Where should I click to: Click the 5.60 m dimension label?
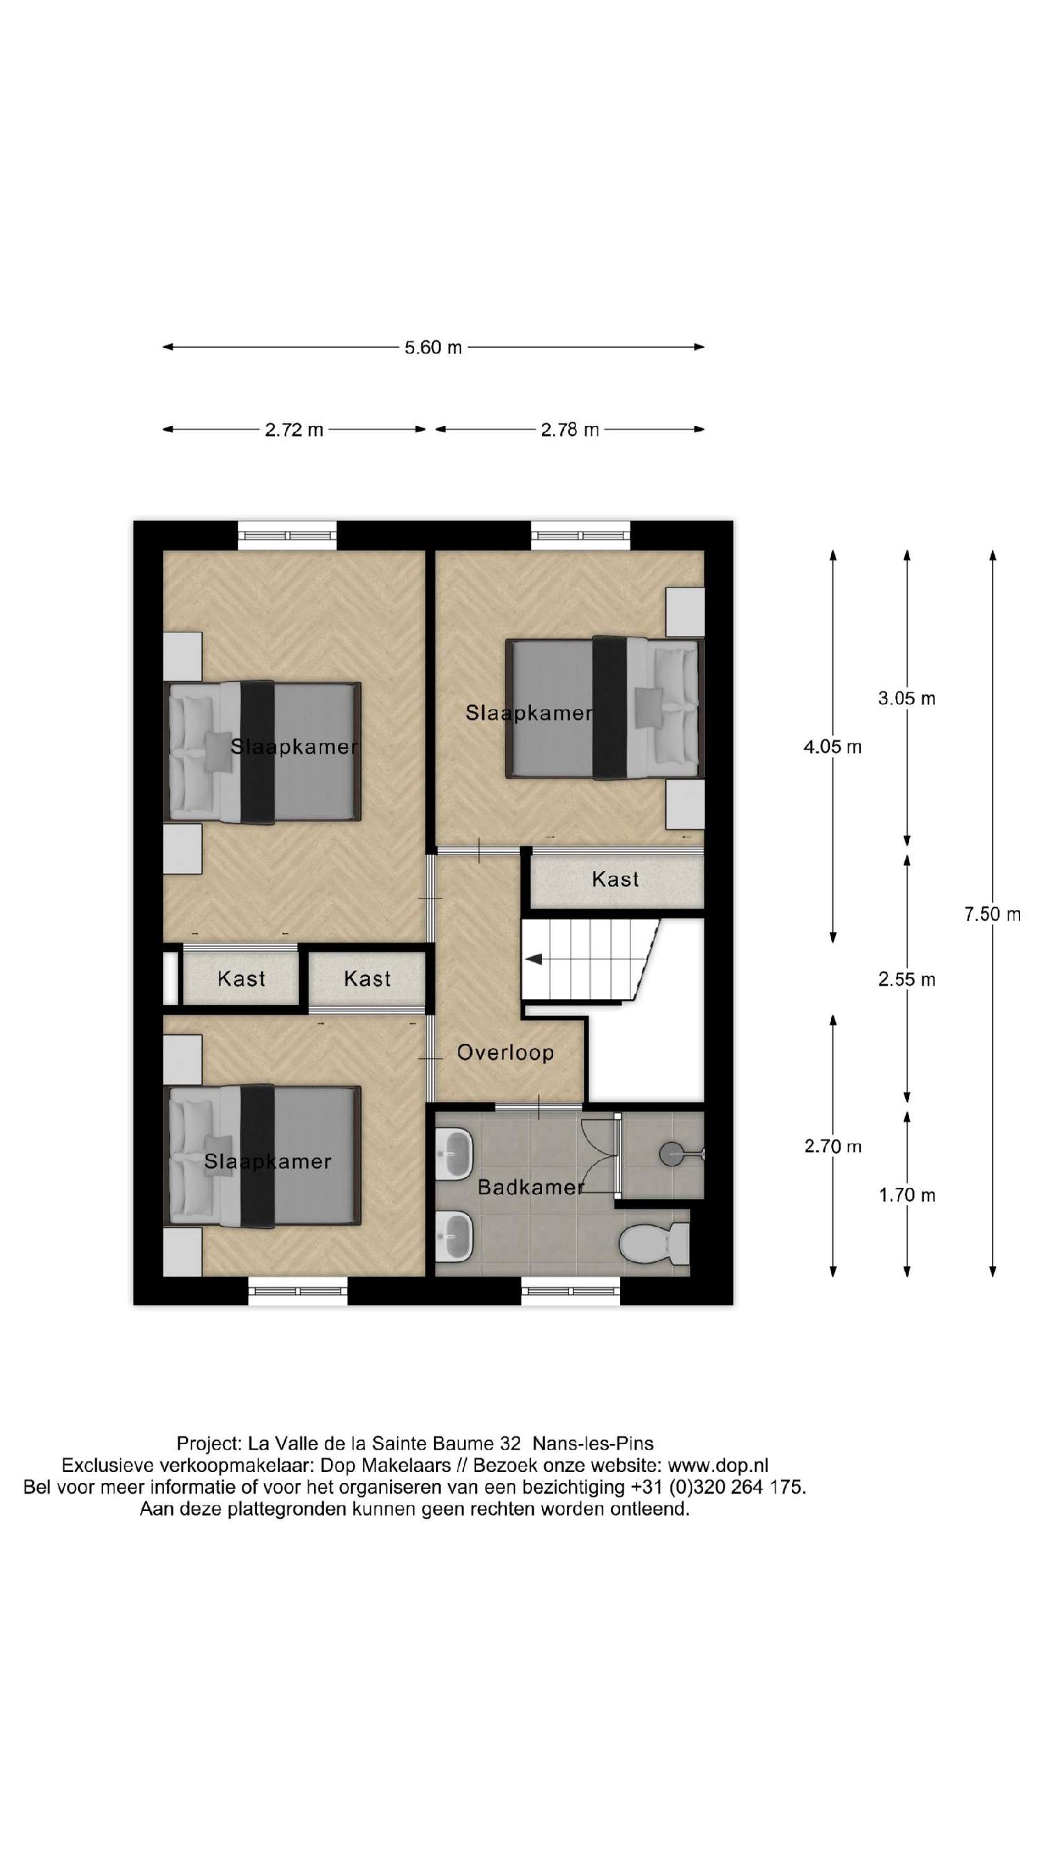click(x=432, y=347)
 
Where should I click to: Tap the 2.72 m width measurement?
click(x=293, y=430)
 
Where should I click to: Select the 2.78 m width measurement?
click(x=569, y=430)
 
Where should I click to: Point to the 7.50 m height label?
click(x=991, y=914)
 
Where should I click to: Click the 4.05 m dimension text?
click(x=832, y=747)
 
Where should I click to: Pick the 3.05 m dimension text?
click(x=906, y=698)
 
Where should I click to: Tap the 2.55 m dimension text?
click(x=906, y=979)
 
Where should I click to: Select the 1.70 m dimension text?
click(x=906, y=1196)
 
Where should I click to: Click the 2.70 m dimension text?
click(x=832, y=1146)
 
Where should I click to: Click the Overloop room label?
click(x=505, y=1052)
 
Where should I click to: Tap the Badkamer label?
click(x=530, y=1186)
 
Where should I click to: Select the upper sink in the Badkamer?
click(x=454, y=1153)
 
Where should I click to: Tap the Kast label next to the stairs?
click(x=614, y=879)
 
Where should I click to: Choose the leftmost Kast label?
click(x=241, y=978)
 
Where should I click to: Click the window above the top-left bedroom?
click(x=287, y=535)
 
